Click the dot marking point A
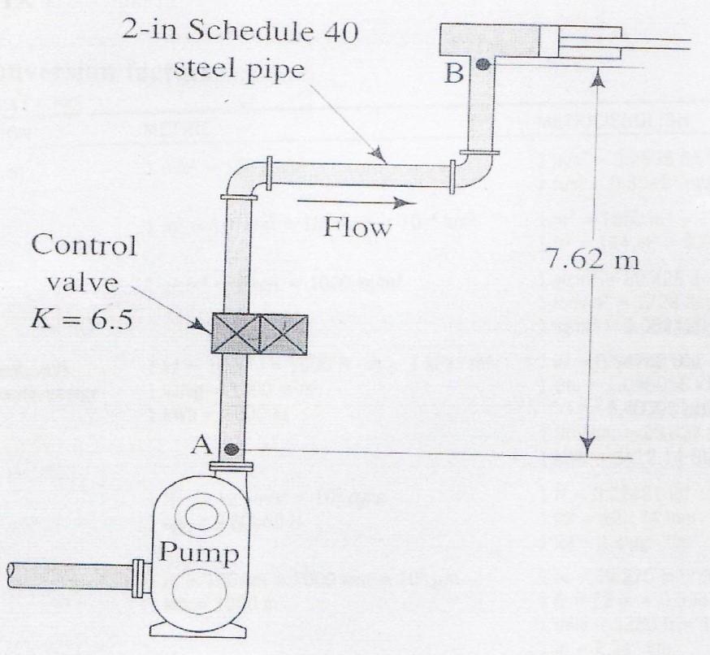[232, 448]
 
